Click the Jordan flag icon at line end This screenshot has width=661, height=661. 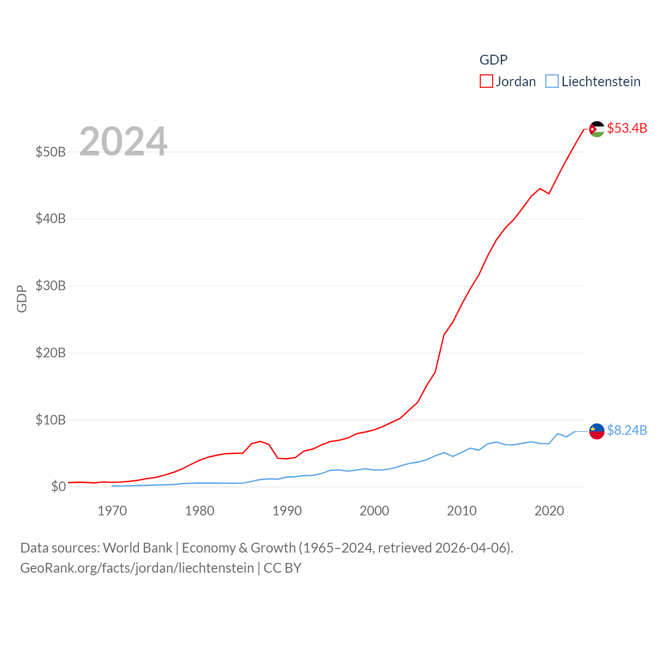tap(597, 129)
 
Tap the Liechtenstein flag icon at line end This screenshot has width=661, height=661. tap(597, 431)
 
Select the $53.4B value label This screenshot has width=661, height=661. tap(627, 128)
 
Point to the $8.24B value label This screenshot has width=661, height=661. tap(627, 430)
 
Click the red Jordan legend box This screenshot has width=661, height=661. tap(486, 82)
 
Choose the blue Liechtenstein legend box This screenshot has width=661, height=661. tap(552, 82)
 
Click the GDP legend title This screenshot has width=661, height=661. tap(493, 60)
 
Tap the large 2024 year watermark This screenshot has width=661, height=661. tap(123, 141)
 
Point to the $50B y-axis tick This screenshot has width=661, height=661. tap(51, 152)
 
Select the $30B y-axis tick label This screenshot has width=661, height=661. tap(51, 286)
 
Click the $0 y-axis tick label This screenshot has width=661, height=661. tap(58, 486)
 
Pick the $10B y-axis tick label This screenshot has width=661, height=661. tap(51, 420)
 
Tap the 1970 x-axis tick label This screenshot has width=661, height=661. tap(112, 511)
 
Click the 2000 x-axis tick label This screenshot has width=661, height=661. tap(374, 511)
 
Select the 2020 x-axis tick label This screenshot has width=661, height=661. tap(549, 511)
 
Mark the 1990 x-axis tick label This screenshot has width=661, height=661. tap(287, 511)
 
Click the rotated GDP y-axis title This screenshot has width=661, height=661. tap(22, 298)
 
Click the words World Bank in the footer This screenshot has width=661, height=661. tap(137, 548)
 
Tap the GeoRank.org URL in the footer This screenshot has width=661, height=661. tap(137, 568)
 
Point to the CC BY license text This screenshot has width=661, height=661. tap(282, 568)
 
